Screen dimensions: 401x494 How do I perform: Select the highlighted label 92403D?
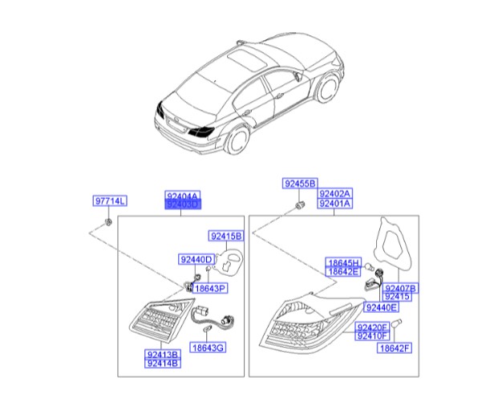click(x=181, y=205)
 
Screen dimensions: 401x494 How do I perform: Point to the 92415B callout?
click(x=227, y=237)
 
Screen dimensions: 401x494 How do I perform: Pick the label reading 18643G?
click(x=208, y=348)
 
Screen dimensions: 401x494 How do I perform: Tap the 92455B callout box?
click(x=300, y=184)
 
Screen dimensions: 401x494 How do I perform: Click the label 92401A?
click(x=335, y=204)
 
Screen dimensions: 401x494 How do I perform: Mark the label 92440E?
click(x=381, y=306)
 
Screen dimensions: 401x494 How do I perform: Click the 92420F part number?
click(x=373, y=327)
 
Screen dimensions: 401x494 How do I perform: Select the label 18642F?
click(x=395, y=348)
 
